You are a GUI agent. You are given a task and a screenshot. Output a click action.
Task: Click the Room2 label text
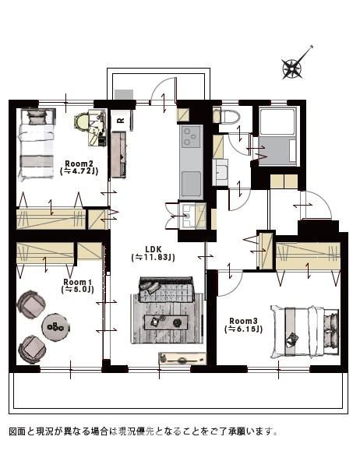click(77, 164)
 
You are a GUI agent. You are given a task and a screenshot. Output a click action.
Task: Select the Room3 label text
click(243, 321)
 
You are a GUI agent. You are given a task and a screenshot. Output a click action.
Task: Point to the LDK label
click(154, 249)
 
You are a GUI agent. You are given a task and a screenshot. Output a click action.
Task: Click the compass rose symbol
click(292, 69)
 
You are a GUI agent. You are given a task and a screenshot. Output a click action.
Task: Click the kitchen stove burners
click(191, 136)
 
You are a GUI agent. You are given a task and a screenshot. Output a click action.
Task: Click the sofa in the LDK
click(166, 290)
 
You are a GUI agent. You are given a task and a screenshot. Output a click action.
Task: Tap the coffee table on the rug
click(166, 322)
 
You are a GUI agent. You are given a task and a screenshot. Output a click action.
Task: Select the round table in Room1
click(55, 327)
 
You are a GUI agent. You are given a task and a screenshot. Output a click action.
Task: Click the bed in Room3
click(305, 332)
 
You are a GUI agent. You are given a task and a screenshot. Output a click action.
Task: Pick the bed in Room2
click(36, 144)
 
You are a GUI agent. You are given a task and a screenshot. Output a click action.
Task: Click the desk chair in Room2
click(82, 122)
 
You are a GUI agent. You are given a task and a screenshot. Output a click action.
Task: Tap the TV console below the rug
click(182, 359)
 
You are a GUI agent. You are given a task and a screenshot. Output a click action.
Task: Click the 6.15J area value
click(243, 329)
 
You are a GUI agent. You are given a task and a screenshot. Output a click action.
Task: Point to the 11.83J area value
click(154, 258)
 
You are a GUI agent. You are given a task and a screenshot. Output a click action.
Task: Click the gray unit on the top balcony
click(124, 95)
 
